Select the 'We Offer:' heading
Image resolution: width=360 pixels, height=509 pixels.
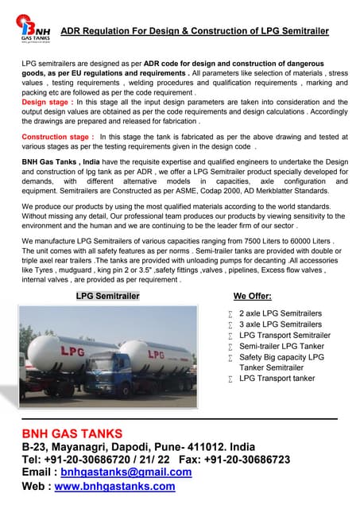(254, 296)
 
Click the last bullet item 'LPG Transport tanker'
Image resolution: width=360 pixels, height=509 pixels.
(277, 379)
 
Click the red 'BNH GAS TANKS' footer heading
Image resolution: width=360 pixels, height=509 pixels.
(72, 433)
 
